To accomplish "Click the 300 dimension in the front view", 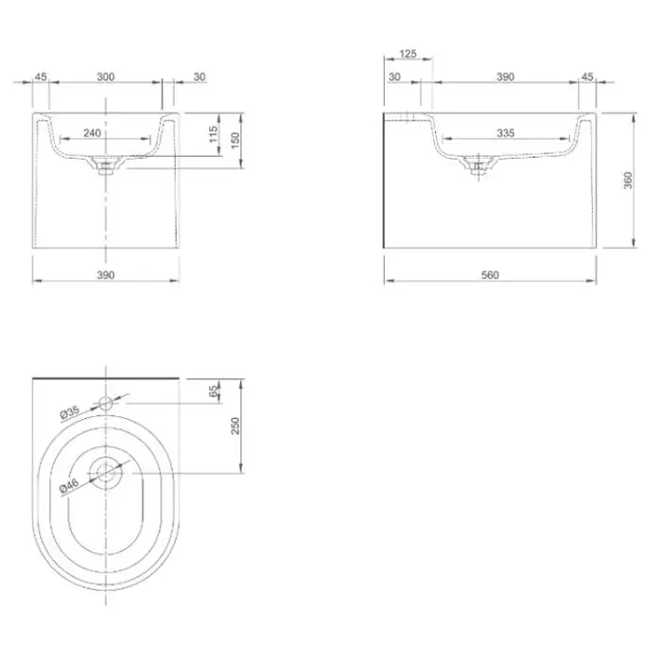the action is pos(106,77).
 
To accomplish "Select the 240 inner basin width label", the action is pos(92,133).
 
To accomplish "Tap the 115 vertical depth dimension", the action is pos(214,134).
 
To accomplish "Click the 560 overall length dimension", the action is pos(490,275).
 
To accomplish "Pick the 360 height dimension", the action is pos(628,181).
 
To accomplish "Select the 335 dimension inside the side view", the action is pos(505,133).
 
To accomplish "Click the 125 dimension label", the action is pos(408,54).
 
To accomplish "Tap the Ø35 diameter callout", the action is pos(70,412).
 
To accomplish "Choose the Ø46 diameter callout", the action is pos(69,485).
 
